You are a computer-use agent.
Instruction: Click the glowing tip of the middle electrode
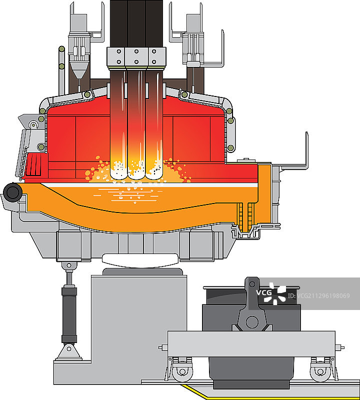coord(136,171)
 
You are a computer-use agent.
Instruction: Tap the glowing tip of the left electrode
coord(118,170)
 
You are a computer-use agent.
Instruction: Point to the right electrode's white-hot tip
coord(154,171)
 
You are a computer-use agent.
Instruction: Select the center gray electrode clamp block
coord(136,56)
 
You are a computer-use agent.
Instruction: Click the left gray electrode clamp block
coord(116,56)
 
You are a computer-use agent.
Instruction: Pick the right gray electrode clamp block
coord(157,56)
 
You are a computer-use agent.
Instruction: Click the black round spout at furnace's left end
coord(12,192)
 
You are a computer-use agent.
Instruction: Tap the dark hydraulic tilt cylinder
coord(69,315)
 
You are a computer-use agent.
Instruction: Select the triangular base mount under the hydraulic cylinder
coord(69,352)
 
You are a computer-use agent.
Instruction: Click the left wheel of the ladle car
coord(182,371)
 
